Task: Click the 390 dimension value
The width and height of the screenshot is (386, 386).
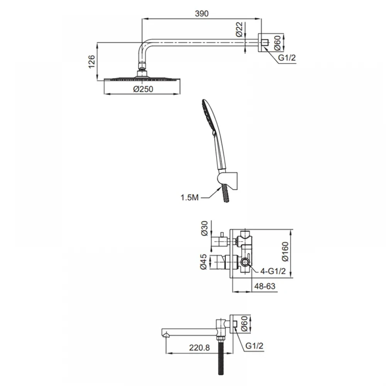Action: tap(201, 14)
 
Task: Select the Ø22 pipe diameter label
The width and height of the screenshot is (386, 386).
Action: tap(239, 30)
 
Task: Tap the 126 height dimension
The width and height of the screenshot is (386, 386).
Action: tap(91, 62)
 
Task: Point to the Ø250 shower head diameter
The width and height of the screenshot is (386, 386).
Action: tap(143, 89)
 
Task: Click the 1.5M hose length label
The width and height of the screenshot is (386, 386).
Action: tap(190, 197)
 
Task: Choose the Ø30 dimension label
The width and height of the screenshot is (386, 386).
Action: tap(205, 229)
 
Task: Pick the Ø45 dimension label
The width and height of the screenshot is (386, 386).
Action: tap(203, 262)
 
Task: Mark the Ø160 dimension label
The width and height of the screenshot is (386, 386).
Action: tap(285, 252)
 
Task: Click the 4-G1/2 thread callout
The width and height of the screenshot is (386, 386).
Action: tap(273, 271)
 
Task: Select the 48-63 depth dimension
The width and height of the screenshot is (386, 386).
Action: tap(265, 286)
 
